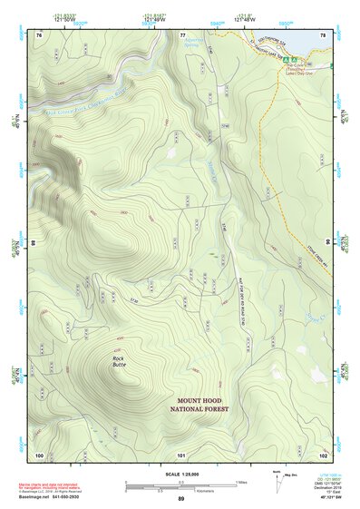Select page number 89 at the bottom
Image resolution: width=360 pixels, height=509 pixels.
(x=181, y=499)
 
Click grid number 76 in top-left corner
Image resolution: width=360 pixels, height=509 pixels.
(x=39, y=34)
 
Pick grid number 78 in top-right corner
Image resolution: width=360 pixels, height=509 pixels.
(x=322, y=34)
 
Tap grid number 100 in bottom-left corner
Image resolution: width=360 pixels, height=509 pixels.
(x=39, y=455)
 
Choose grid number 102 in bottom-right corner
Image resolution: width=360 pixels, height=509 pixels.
(x=322, y=455)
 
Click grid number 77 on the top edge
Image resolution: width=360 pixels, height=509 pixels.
(x=182, y=34)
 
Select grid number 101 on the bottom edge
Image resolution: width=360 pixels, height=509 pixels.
(x=181, y=455)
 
